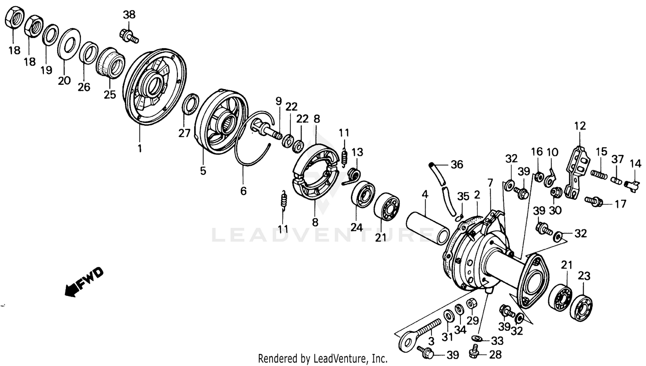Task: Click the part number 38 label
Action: pyautogui.click(x=129, y=15)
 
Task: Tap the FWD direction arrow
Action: pyautogui.click(x=84, y=282)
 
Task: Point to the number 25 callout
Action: pyautogui.click(x=110, y=94)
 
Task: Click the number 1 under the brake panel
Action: pyautogui.click(x=140, y=148)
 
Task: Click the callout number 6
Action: pyautogui.click(x=243, y=190)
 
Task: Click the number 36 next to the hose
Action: pyautogui.click(x=457, y=164)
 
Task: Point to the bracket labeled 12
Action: pyautogui.click(x=577, y=172)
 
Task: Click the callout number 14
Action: pyautogui.click(x=635, y=164)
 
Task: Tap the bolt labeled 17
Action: pyautogui.click(x=594, y=200)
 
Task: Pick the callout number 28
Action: pyautogui.click(x=496, y=354)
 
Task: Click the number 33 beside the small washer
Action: pyautogui.click(x=497, y=341)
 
